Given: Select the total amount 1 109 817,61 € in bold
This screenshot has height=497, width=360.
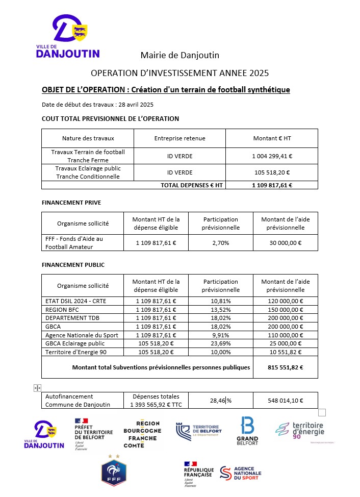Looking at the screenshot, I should click(272, 185).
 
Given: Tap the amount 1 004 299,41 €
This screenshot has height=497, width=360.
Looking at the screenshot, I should click(272, 156).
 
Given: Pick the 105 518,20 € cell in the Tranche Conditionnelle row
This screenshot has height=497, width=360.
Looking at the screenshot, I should click(272, 172).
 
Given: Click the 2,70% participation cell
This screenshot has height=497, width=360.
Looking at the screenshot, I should click(221, 243).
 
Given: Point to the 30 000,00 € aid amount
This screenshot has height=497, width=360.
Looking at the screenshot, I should click(285, 243).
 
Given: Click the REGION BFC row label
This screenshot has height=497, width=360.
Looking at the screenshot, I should click(63, 309).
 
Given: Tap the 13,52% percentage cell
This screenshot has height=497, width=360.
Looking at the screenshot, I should click(221, 309).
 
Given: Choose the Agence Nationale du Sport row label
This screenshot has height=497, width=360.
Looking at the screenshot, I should click(82, 335).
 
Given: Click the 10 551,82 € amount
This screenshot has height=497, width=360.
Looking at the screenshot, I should click(285, 352).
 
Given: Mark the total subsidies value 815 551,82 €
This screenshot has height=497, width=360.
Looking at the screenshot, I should click(285, 367).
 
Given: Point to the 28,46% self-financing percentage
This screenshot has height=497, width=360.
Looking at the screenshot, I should click(221, 401).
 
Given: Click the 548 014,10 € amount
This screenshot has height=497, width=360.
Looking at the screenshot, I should click(285, 401).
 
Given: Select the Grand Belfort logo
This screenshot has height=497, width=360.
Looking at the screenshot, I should click(247, 431).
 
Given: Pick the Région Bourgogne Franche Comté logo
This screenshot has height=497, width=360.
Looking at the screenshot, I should click(142, 434).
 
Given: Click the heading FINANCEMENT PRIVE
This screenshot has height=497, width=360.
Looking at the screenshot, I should click(71, 203).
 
